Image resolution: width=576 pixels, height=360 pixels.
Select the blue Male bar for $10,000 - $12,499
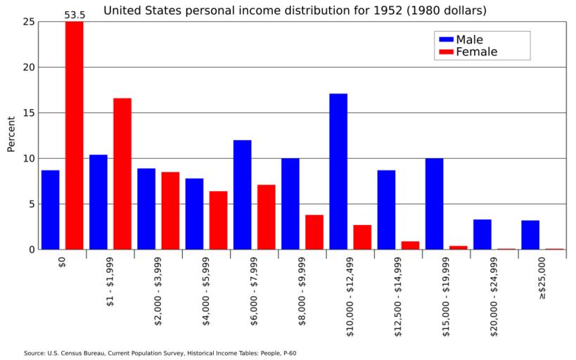pos(338,172)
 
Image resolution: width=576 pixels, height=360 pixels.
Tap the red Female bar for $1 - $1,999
pos(122,174)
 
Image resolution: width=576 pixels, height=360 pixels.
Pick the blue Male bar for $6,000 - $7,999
pos(242,195)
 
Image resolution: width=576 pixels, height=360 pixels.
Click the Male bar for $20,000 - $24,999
pos(482,234)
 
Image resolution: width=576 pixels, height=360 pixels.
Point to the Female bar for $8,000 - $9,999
pos(314,232)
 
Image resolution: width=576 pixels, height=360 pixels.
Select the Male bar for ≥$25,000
pos(530,235)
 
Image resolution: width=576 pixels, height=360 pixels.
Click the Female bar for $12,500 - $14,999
pos(410,245)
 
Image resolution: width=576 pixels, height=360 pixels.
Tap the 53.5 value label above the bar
pos(75,14)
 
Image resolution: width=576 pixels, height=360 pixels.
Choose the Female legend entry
pos(467,52)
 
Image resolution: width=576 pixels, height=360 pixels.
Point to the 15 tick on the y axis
pos(28,113)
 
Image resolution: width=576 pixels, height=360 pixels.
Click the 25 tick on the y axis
pos(28,22)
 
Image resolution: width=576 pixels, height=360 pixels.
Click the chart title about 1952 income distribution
pos(295,11)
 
